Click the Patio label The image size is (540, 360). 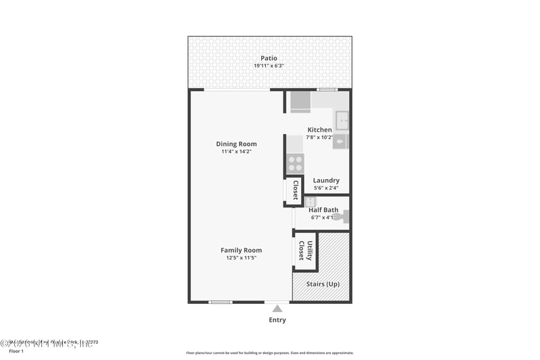[269, 58]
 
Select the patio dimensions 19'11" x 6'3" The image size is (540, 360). [269, 66]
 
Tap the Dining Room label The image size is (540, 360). [236, 144]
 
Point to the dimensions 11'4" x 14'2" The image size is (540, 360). [236, 151]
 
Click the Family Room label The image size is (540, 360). [241, 251]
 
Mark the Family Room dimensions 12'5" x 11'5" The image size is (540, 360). [241, 258]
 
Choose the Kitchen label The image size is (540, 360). [319, 130]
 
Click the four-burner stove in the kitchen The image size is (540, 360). [295, 163]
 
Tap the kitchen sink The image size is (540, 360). [342, 120]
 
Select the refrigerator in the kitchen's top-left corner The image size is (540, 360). [300, 102]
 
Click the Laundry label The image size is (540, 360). [326, 180]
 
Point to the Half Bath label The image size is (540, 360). [323, 210]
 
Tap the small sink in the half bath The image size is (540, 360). [310, 201]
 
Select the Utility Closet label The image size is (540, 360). [305, 251]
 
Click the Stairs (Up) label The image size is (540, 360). [323, 284]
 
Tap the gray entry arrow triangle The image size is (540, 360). [277, 309]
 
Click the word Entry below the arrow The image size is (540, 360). [277, 320]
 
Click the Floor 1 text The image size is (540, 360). [16, 351]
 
